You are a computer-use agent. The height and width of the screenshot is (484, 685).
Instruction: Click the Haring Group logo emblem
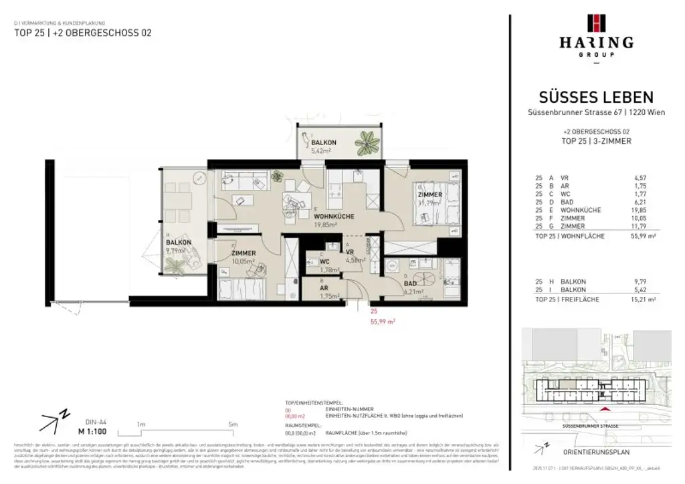(596, 23)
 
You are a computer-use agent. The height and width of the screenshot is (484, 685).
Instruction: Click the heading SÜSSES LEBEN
(596, 98)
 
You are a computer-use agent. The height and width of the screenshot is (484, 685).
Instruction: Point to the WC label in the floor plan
(324, 261)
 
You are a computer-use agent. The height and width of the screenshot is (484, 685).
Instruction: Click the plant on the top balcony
(367, 142)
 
